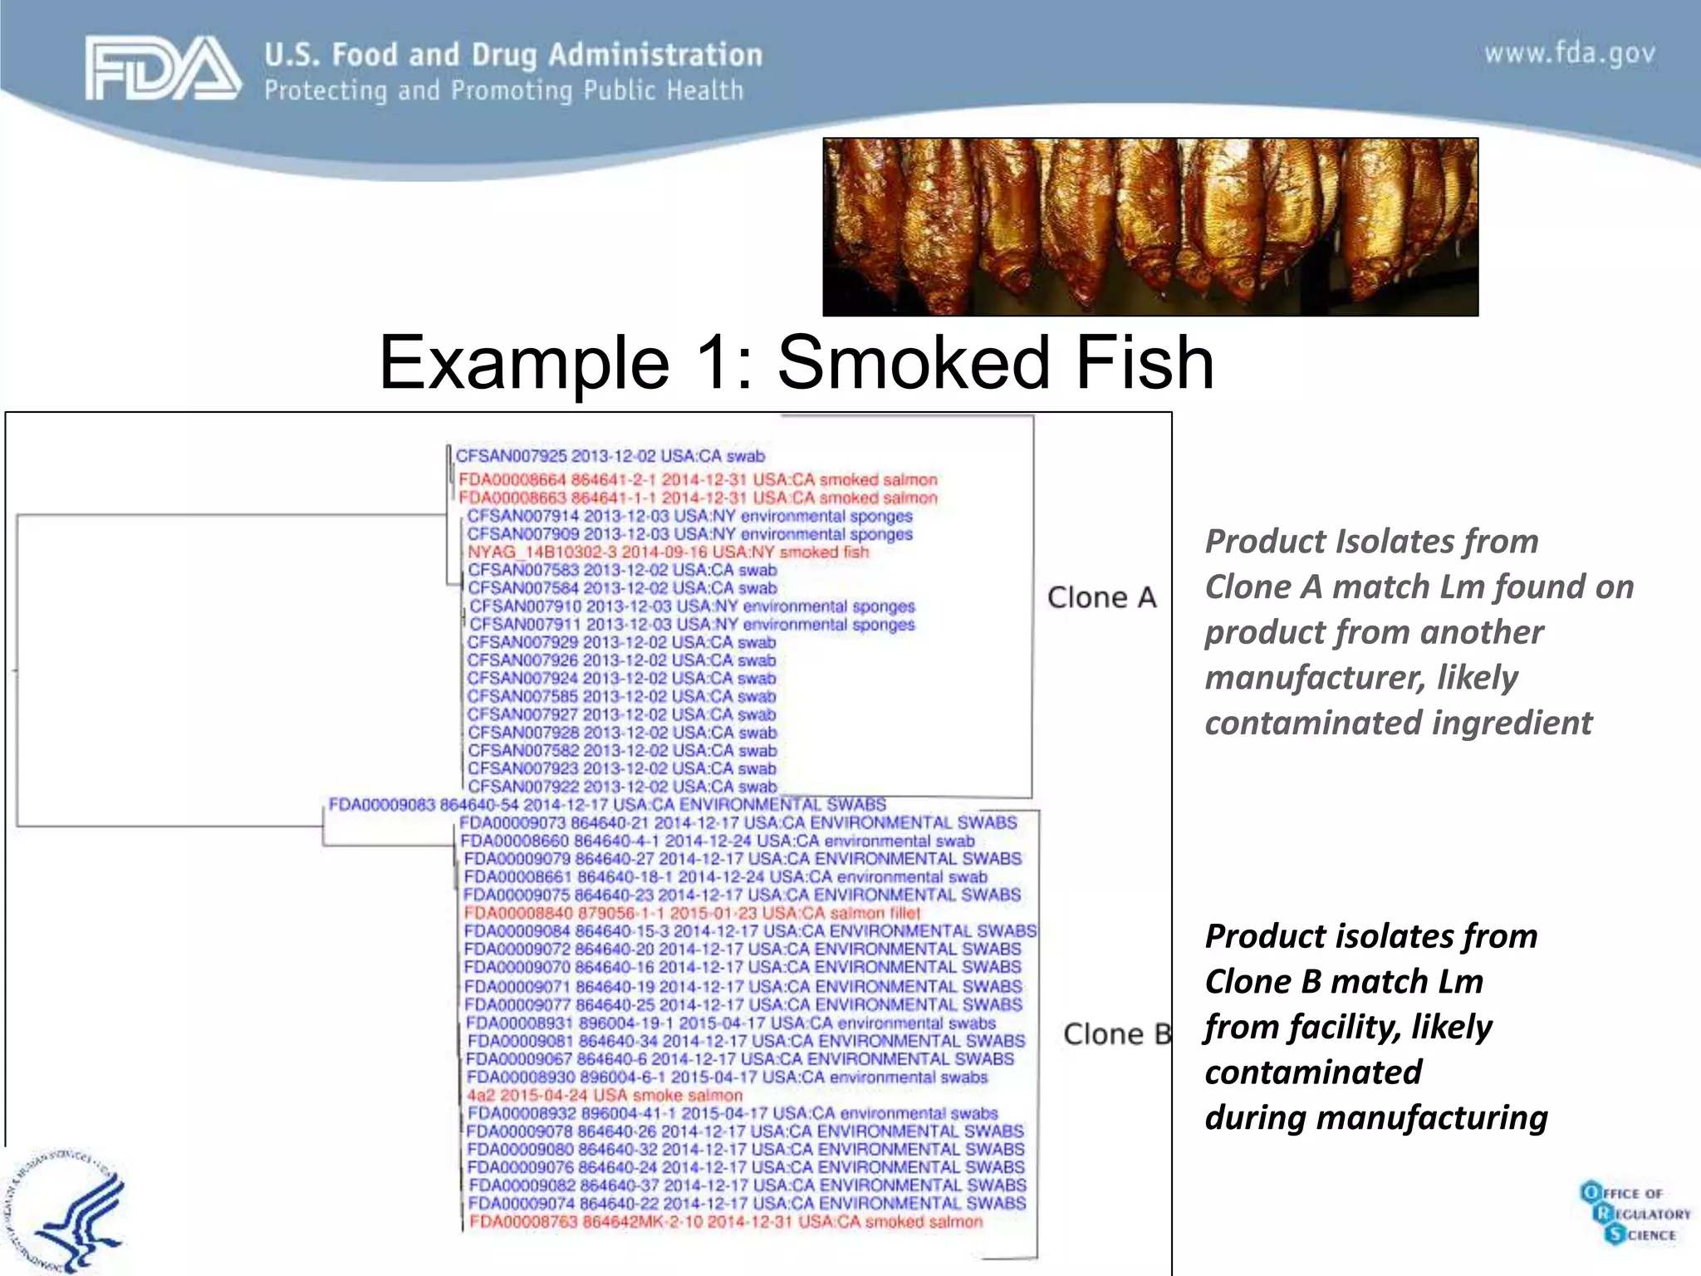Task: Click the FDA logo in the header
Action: [163, 68]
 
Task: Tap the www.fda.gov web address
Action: [1569, 54]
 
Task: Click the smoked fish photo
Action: [1150, 227]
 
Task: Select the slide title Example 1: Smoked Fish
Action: [797, 363]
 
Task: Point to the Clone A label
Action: [1101, 597]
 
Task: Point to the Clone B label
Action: [1116, 1034]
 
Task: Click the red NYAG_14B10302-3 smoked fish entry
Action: [668, 552]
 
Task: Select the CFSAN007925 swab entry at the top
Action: [610, 456]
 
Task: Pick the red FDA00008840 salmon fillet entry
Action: [692, 913]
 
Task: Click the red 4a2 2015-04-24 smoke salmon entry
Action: [604, 1096]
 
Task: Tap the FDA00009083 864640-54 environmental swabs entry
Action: [607, 805]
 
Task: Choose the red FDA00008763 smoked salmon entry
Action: [725, 1222]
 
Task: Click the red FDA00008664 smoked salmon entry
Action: [698, 480]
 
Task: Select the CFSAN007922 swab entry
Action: [622, 787]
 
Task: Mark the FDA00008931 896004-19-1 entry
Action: [730, 1023]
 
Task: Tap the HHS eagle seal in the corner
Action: [62, 1213]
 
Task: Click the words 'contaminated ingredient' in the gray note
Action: [1399, 723]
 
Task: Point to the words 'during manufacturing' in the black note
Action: [1376, 1118]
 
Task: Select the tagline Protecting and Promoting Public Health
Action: [503, 91]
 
